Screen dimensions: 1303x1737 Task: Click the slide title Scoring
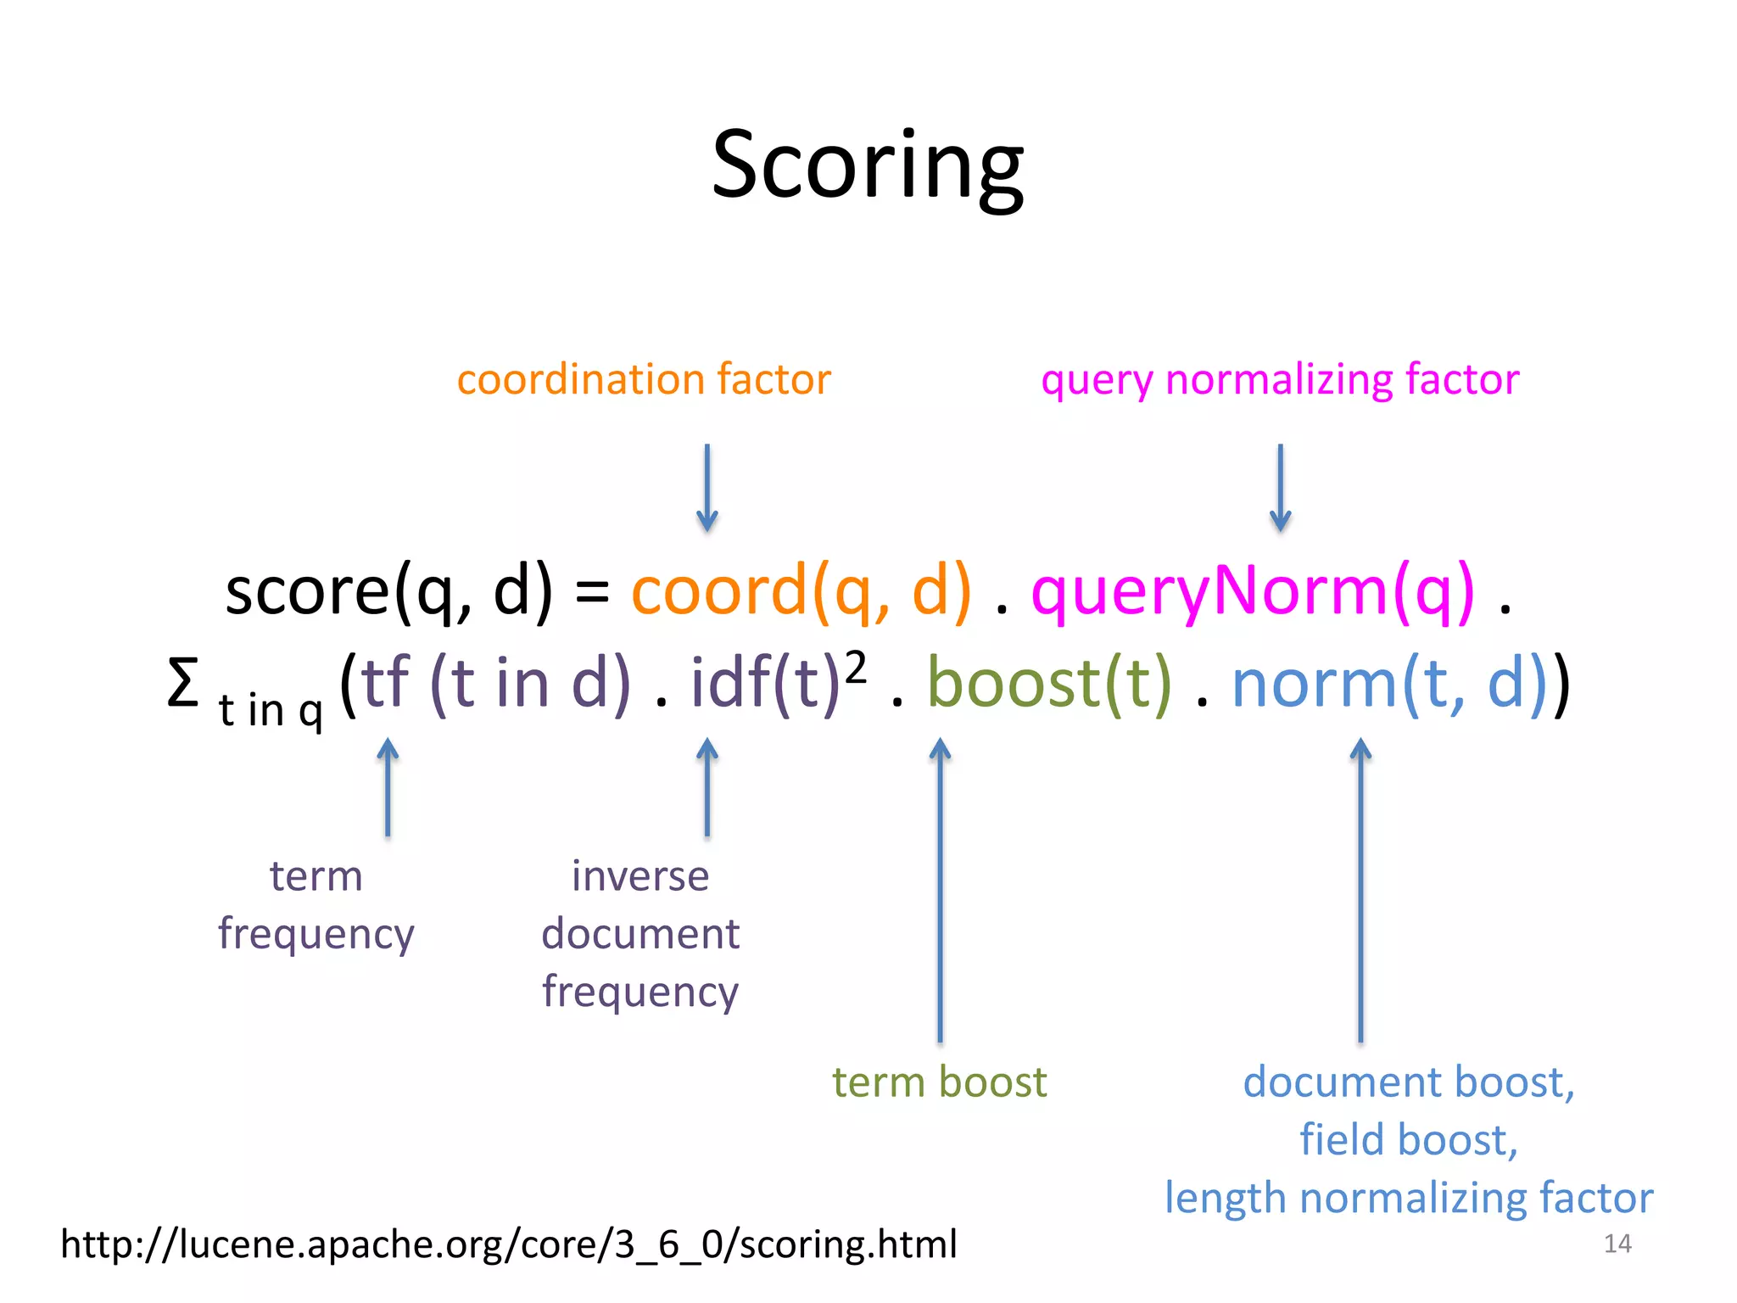pyautogui.click(x=868, y=165)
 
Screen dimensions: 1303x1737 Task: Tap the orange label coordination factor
pyautogui.click(x=643, y=379)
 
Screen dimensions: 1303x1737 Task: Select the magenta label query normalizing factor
pyautogui.click(x=1279, y=379)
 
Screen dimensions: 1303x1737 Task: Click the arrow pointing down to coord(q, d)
pyautogui.click(x=707, y=488)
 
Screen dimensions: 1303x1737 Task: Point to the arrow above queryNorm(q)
pyautogui.click(x=1280, y=488)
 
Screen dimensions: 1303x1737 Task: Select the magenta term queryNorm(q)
pyautogui.click(x=1253, y=591)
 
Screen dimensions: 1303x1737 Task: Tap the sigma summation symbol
pyautogui.click(x=182, y=684)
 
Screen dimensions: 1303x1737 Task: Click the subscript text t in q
pyautogui.click(x=271, y=711)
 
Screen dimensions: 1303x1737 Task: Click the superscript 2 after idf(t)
pyautogui.click(x=856, y=668)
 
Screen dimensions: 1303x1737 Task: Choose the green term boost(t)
pyautogui.click(x=1049, y=684)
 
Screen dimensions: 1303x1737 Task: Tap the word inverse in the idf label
pyautogui.click(x=640, y=875)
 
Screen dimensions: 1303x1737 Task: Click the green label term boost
pyautogui.click(x=939, y=1082)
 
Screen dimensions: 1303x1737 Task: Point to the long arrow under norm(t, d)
pyautogui.click(x=1360, y=891)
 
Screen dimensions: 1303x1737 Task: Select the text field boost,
pyautogui.click(x=1408, y=1139)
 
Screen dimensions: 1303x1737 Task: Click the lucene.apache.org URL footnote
pyautogui.click(x=509, y=1244)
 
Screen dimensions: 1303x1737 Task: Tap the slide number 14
pyautogui.click(x=1617, y=1244)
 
